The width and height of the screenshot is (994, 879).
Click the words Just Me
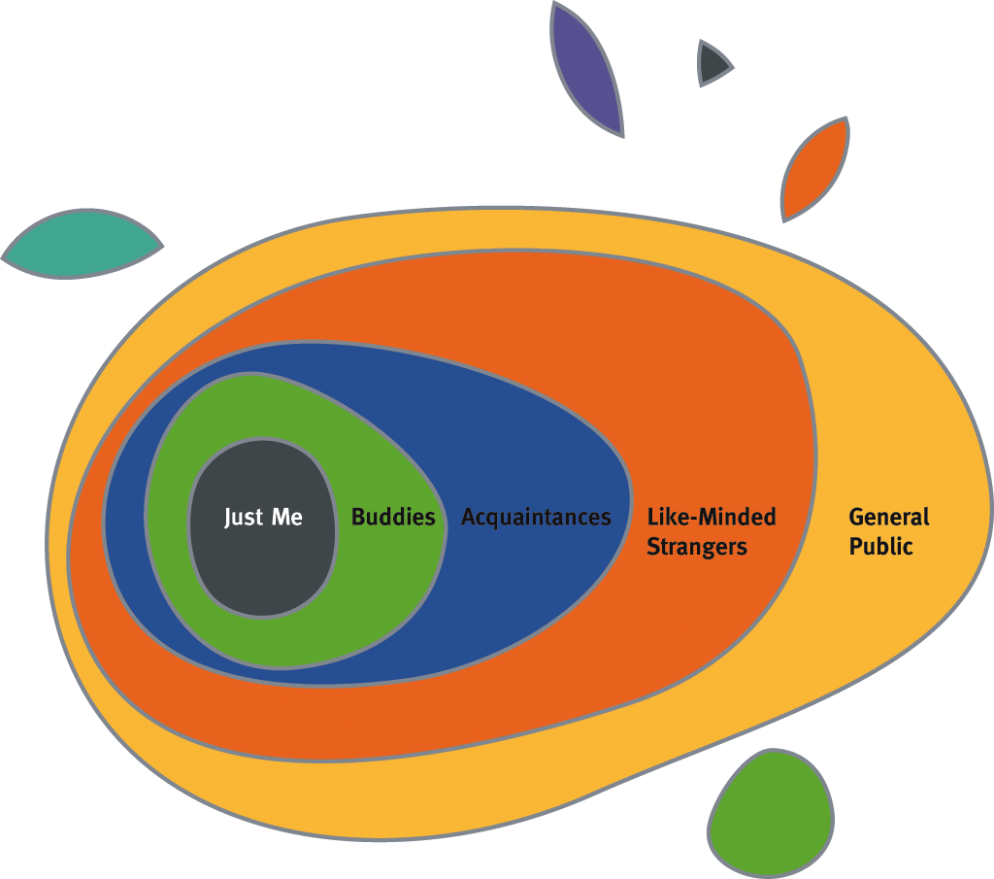(x=263, y=517)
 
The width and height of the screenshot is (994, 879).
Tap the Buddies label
(x=393, y=517)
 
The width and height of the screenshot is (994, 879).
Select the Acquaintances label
(x=536, y=517)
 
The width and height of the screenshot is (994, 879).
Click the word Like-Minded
(x=712, y=517)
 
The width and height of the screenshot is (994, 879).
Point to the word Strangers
(x=697, y=547)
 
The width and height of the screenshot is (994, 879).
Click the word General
(x=889, y=517)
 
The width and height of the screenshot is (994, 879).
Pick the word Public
(x=881, y=547)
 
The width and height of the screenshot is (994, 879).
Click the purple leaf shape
(x=585, y=68)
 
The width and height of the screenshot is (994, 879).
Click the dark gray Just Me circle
(x=262, y=573)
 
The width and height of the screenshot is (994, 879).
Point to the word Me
(x=287, y=517)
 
